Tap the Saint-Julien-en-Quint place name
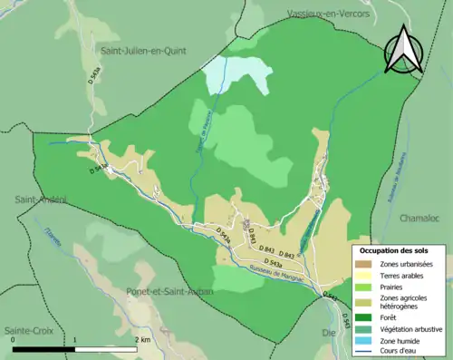tap(143, 51)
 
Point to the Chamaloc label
tap(420, 219)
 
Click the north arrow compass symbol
tap(404, 50)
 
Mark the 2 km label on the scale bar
tap(141, 340)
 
